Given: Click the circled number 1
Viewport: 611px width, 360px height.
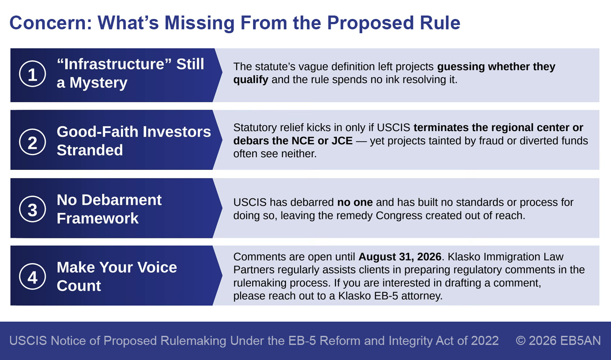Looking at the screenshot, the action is [32, 74].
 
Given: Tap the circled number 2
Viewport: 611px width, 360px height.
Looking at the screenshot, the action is [32, 142].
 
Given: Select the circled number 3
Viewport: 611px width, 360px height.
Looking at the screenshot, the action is [32, 209].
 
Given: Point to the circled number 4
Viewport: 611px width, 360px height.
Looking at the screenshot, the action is [32, 276].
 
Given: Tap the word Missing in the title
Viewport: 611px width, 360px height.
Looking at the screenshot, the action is [199, 23].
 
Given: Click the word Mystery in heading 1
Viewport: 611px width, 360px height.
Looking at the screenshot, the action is [98, 83].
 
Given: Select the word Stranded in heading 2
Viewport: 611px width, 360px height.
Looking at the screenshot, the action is [90, 150].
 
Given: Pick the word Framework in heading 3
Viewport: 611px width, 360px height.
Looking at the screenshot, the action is [97, 218].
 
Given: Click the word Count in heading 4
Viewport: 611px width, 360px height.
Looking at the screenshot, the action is [79, 285].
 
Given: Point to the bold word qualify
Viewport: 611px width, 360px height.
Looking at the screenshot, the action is [251, 80].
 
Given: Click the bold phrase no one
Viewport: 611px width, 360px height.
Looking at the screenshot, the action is [355, 202].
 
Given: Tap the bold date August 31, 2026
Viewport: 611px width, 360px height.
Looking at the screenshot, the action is [400, 257].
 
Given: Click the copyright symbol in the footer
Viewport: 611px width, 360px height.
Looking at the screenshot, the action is [521, 341].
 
